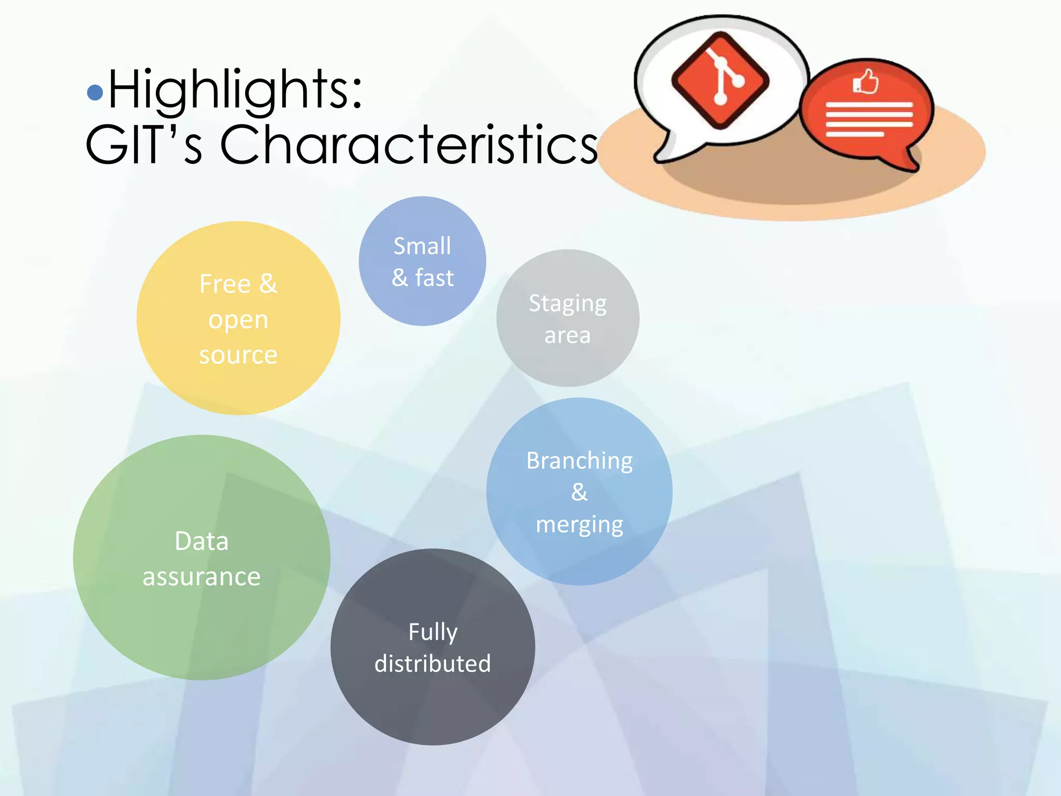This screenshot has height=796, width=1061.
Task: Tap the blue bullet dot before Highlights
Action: pyautogui.click(x=95, y=92)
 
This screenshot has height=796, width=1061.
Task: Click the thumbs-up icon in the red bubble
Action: pyautogui.click(x=866, y=82)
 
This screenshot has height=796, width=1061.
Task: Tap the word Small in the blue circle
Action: pyautogui.click(x=422, y=246)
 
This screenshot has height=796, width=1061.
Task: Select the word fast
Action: pyautogui.click(x=434, y=278)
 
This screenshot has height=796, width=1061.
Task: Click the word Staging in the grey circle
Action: pyautogui.click(x=567, y=304)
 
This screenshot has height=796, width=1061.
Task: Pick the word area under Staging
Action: pyautogui.click(x=567, y=335)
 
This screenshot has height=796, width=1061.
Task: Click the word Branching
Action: pyautogui.click(x=579, y=460)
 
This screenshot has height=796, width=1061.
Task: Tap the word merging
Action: pyautogui.click(x=579, y=524)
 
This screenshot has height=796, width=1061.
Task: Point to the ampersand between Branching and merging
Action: pyautogui.click(x=579, y=492)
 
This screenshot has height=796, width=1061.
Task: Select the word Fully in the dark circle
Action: pyautogui.click(x=433, y=632)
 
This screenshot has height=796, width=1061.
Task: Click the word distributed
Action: pyautogui.click(x=433, y=664)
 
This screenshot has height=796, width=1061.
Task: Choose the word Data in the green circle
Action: pyautogui.click(x=202, y=541)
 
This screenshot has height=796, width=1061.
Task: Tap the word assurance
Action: pyautogui.click(x=202, y=576)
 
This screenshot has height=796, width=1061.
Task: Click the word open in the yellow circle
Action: pyautogui.click(x=238, y=320)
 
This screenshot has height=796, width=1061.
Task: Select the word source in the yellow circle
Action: pyautogui.click(x=238, y=355)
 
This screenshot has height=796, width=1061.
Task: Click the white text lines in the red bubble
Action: pyautogui.click(x=868, y=119)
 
